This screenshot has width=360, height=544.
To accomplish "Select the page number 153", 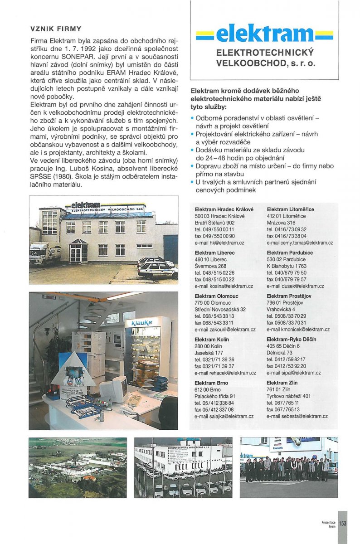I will click(x=342, y=523).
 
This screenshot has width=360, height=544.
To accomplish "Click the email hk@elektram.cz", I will click(x=216, y=243).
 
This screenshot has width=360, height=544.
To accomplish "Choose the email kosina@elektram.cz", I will click(x=224, y=286).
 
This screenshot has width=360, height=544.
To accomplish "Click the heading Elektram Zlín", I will click(x=280, y=383).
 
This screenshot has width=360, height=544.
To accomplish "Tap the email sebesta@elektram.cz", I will click(x=297, y=416).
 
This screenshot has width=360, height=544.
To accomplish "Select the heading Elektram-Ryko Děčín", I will click(x=291, y=340).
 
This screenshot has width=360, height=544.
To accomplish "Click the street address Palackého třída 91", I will click(x=214, y=396).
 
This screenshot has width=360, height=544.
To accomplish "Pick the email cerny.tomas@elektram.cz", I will click(x=297, y=243).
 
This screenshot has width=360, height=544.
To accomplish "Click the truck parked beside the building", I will click(x=44, y=253).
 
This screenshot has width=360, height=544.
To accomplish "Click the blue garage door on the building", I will click(x=171, y=249).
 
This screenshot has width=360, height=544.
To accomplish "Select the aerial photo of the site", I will click(x=78, y=467).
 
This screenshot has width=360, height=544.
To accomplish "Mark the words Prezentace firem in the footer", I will click(x=329, y=524).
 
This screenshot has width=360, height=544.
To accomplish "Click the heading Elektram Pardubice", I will click(x=289, y=253).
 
